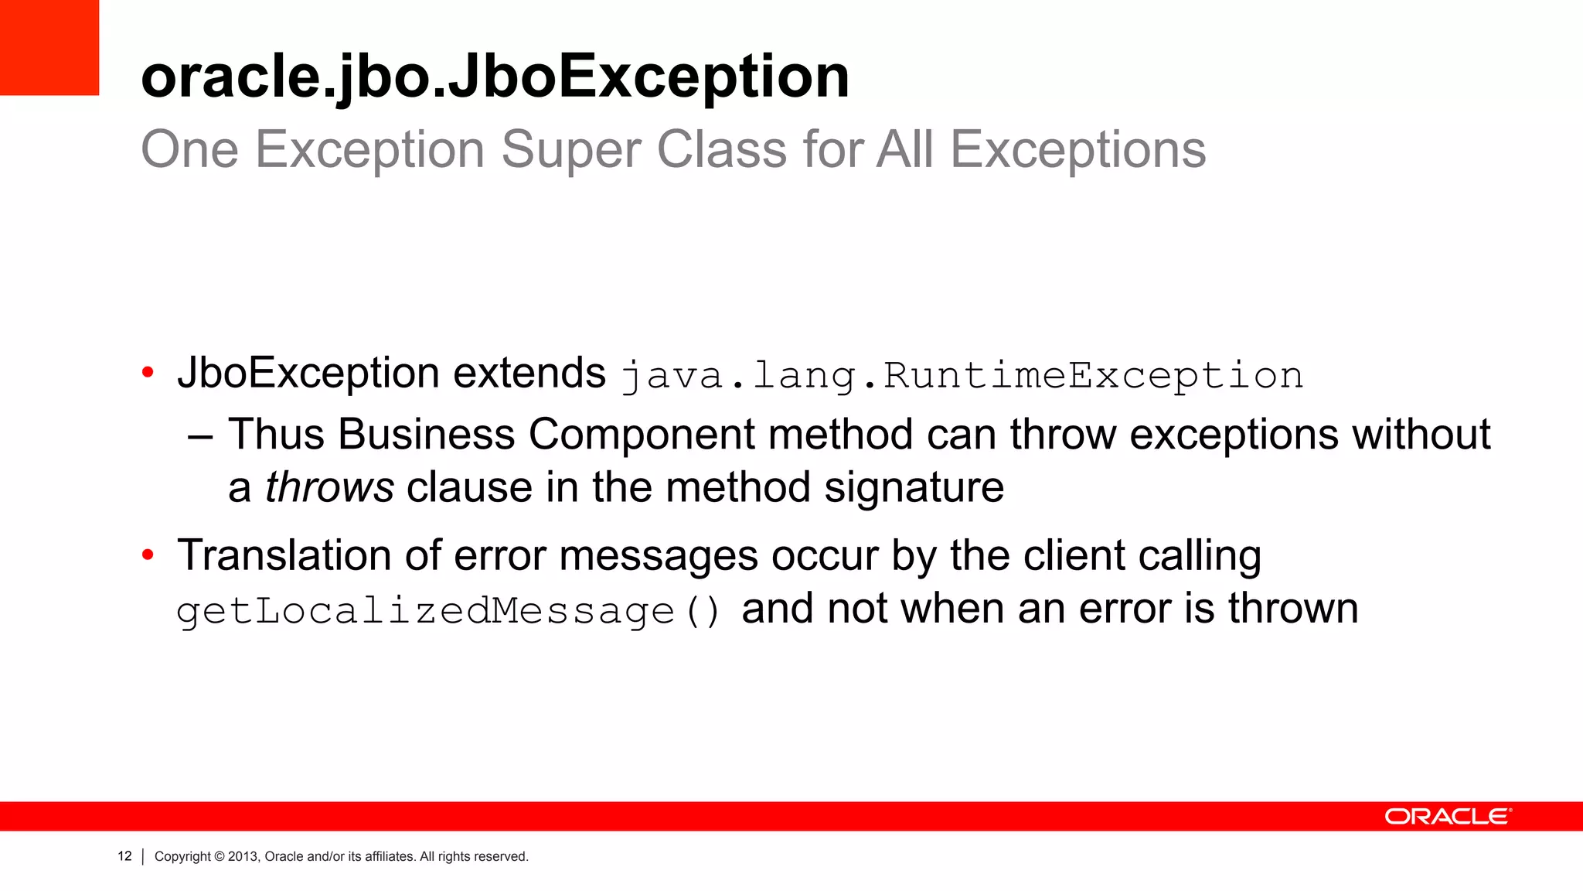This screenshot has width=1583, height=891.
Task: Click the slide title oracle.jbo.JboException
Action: (x=495, y=77)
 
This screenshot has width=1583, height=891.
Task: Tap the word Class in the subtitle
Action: (x=722, y=150)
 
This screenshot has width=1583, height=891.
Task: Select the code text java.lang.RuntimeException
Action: (x=962, y=376)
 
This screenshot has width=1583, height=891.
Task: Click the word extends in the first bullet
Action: (x=529, y=374)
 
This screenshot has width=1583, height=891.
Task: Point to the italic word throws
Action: (x=330, y=488)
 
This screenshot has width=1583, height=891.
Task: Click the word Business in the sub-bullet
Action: (x=426, y=434)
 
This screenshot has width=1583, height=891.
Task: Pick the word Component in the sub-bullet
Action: (x=642, y=434)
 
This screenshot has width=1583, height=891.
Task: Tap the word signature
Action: (x=914, y=488)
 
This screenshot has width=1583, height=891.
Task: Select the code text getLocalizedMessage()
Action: (x=448, y=611)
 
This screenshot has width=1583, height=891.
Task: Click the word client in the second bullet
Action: (x=1074, y=555)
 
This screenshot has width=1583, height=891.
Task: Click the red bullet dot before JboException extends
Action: (x=148, y=374)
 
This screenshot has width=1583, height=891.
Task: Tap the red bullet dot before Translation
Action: (x=148, y=555)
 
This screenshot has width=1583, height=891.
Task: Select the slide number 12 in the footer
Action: (x=124, y=856)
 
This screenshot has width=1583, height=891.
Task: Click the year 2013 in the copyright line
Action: (x=242, y=856)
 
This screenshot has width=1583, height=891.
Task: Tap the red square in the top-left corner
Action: (x=49, y=47)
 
